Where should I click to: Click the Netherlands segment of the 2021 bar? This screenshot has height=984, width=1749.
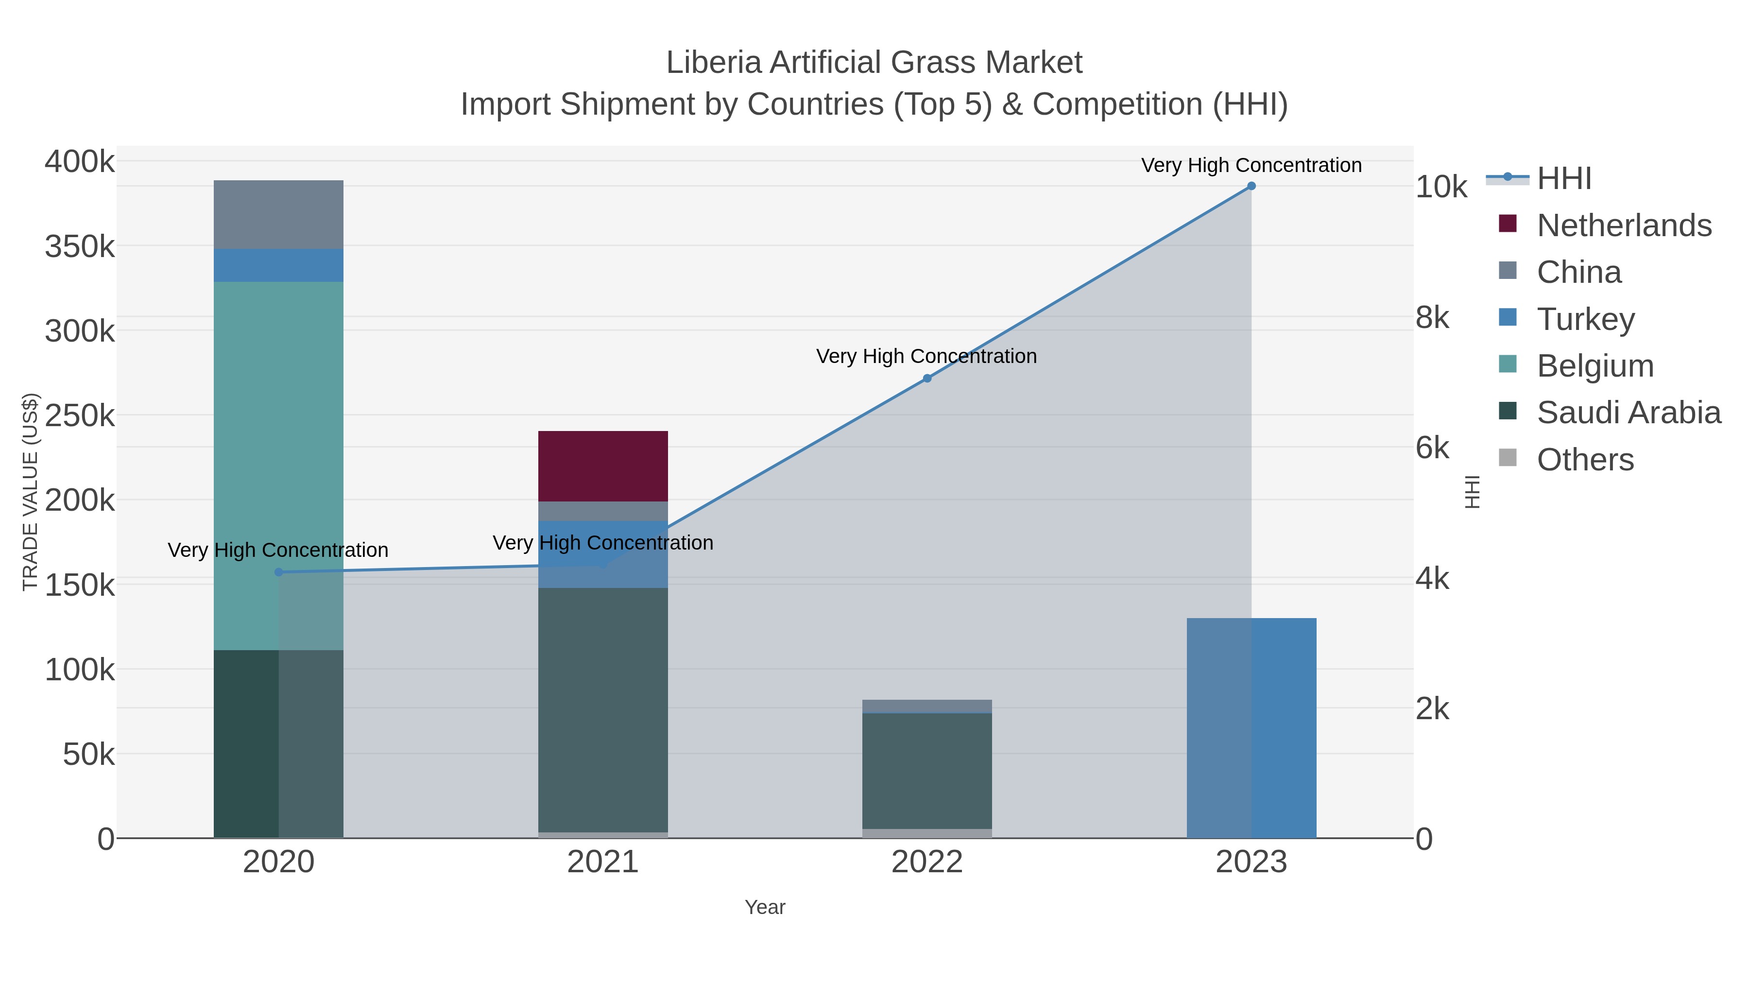click(603, 466)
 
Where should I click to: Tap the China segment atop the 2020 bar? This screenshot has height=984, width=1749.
click(278, 215)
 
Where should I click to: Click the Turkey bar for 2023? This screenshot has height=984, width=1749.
click(1252, 727)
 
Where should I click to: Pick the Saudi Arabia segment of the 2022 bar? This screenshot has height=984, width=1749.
click(927, 771)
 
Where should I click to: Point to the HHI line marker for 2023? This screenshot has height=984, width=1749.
click(1252, 186)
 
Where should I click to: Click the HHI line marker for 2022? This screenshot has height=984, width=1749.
click(927, 378)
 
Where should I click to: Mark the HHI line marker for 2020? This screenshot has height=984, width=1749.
click(278, 572)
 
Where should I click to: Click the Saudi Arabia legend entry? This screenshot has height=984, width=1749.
click(1628, 413)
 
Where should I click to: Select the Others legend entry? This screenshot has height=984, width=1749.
click(1585, 460)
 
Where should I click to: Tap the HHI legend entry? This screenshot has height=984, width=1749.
click(1563, 179)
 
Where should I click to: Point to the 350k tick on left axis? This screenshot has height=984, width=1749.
click(80, 246)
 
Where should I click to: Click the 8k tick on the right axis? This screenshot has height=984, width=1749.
click(1433, 318)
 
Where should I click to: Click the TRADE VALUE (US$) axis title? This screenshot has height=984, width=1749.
click(31, 492)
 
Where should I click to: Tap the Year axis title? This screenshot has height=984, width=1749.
click(765, 907)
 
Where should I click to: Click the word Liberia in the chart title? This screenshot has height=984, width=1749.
click(713, 63)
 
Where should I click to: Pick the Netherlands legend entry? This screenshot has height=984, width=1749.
click(1623, 225)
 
